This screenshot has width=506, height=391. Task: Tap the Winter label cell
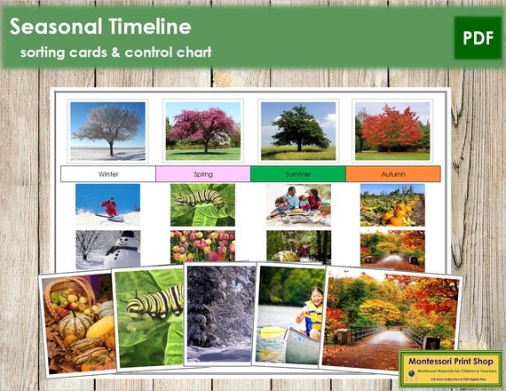(x=108, y=173)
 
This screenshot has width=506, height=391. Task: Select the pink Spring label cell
(x=202, y=173)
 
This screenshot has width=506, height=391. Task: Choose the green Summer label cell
(x=297, y=173)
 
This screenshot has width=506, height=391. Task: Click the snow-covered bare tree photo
(x=107, y=130)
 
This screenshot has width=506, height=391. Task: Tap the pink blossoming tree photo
(x=202, y=130)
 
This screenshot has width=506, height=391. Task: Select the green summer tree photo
(x=297, y=130)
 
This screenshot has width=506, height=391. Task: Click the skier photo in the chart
(x=107, y=204)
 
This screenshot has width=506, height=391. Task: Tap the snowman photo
(x=107, y=247)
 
